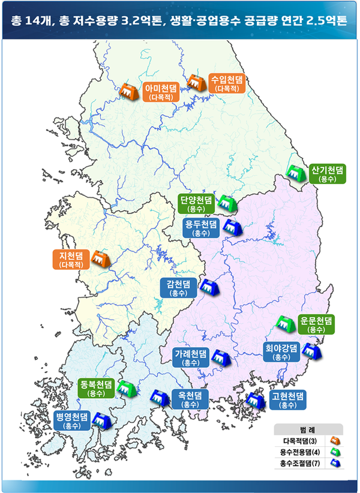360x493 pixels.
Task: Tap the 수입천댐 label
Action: [x=227, y=82]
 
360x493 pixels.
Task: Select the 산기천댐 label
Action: [x=327, y=173]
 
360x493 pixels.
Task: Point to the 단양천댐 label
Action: [x=197, y=204]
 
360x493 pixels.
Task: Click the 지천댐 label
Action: [x=70, y=259]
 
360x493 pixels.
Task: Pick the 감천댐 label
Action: [x=179, y=288]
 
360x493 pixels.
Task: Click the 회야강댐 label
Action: [x=281, y=351]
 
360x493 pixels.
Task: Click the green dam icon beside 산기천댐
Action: [x=295, y=173]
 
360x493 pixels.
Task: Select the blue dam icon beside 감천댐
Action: [x=208, y=287]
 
